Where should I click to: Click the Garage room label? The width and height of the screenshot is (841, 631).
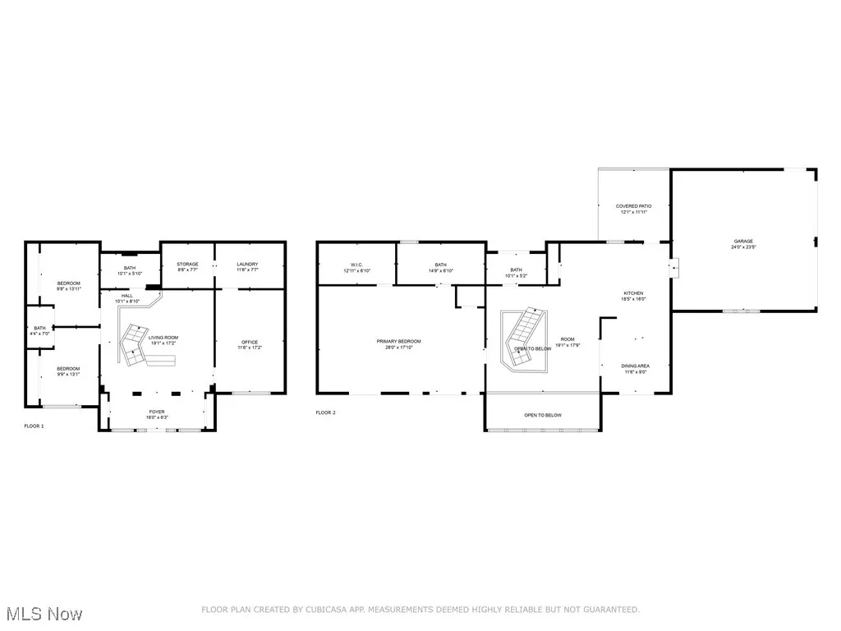point(744,244)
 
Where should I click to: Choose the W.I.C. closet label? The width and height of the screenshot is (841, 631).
point(356,267)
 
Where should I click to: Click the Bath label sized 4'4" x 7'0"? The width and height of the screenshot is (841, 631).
point(39,330)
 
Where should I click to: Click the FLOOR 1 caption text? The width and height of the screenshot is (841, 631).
point(34,426)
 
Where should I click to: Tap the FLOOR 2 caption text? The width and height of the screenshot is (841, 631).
point(325,412)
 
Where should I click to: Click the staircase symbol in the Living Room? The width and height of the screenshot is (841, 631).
point(134,345)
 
